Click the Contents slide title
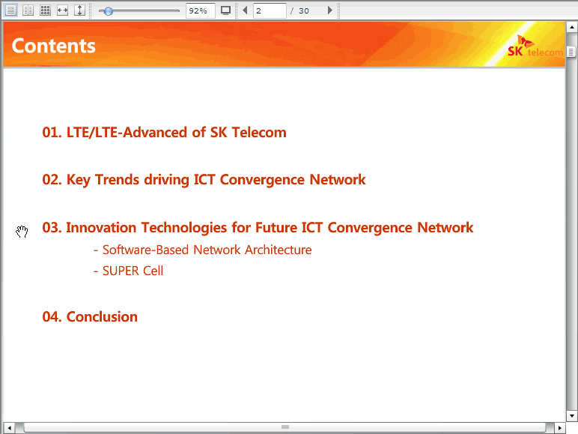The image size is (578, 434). click(53, 46)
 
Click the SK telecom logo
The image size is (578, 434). click(535, 46)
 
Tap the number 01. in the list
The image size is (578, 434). click(52, 133)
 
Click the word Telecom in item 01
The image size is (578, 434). click(259, 133)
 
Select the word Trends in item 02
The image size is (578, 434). click(118, 180)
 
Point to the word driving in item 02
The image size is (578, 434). click(167, 180)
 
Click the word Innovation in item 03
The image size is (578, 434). click(101, 228)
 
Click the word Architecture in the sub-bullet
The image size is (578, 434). click(279, 250)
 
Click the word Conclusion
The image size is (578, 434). click(102, 317)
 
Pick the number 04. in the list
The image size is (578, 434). click(52, 317)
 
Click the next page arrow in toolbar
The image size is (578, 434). click(329, 10)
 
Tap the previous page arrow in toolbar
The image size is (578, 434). click(245, 10)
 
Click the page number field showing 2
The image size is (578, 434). click(270, 10)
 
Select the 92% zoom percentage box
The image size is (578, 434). click(200, 10)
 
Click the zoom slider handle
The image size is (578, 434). click(108, 11)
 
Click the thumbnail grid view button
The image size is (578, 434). click(46, 10)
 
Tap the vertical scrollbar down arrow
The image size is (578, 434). click(572, 416)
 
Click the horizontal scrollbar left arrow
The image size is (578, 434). click(9, 428)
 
